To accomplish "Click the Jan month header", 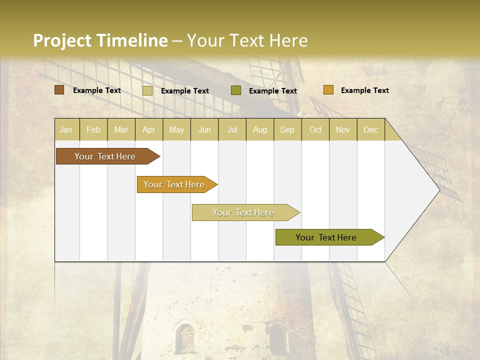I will click(x=66, y=129).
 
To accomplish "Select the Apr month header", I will click(x=148, y=129).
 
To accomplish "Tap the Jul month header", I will click(x=232, y=129).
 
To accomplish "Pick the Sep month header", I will click(x=287, y=129).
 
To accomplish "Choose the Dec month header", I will click(x=370, y=129).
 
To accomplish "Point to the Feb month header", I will click(x=93, y=129).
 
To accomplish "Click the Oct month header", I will click(x=315, y=129).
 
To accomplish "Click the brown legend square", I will click(x=59, y=90).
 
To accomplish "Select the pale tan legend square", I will click(x=147, y=90).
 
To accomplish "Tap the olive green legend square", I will click(x=236, y=90).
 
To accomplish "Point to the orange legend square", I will click(x=328, y=90).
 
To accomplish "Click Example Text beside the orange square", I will click(x=364, y=90).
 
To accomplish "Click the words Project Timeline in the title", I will click(x=100, y=40).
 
